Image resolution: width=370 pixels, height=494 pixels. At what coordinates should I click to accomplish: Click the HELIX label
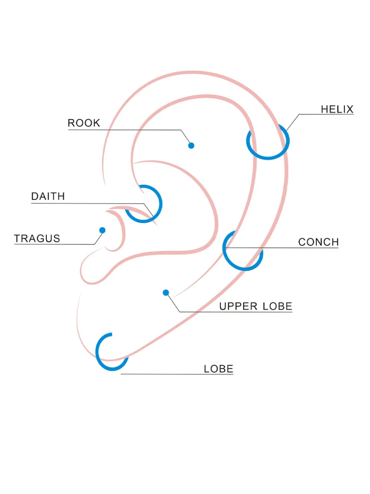point(337,109)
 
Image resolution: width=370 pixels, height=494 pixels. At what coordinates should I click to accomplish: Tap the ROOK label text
point(84,123)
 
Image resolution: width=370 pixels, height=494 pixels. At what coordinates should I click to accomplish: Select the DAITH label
point(48,196)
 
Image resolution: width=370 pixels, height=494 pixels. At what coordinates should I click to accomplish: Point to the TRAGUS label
point(37,238)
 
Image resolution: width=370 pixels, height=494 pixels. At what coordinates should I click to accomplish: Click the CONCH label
point(319,242)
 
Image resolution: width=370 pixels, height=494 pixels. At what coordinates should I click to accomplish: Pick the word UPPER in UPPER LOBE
point(238,306)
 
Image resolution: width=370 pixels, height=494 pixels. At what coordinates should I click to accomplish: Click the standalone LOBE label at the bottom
point(218,369)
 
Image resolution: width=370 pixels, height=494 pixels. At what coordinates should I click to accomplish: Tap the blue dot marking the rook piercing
point(191,146)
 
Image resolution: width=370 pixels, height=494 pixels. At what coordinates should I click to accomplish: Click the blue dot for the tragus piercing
point(102,230)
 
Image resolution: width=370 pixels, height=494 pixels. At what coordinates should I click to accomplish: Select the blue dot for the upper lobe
point(166,293)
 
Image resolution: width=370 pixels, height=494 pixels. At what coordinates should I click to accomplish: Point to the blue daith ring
point(161,203)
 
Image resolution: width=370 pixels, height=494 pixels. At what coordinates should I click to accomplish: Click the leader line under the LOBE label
point(177,374)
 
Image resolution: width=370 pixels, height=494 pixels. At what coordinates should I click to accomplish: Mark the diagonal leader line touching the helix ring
point(293,122)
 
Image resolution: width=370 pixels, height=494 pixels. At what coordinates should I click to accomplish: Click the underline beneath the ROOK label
point(125,130)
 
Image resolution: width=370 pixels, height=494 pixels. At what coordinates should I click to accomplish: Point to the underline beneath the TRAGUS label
point(54,244)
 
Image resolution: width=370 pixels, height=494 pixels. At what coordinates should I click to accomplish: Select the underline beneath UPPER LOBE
point(236,312)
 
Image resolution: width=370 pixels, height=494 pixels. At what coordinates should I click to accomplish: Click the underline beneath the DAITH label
point(88,204)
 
